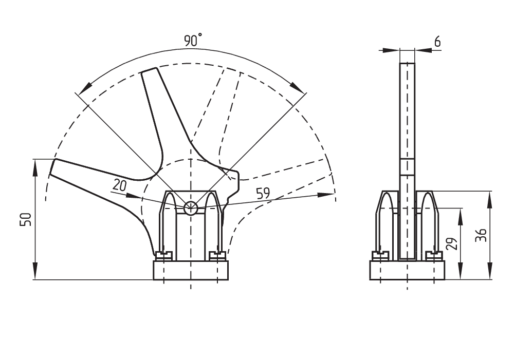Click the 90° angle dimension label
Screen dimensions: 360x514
click(x=193, y=41)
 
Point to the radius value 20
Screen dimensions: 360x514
click(x=119, y=185)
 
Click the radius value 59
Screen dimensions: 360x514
click(x=263, y=194)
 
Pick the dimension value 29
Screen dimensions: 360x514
click(x=451, y=243)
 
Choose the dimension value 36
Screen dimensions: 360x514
click(x=481, y=235)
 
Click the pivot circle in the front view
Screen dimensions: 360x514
click(x=191, y=207)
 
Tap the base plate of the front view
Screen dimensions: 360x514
click(x=190, y=270)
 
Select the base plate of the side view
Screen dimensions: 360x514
click(x=407, y=270)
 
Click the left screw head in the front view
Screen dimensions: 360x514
click(x=164, y=254)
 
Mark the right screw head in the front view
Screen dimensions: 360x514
click(x=217, y=254)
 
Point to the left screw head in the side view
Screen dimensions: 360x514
click(x=380, y=254)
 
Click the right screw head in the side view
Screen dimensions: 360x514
click(x=435, y=254)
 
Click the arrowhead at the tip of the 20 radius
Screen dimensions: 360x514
click(x=135, y=196)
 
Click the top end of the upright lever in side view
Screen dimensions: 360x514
click(x=407, y=63)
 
